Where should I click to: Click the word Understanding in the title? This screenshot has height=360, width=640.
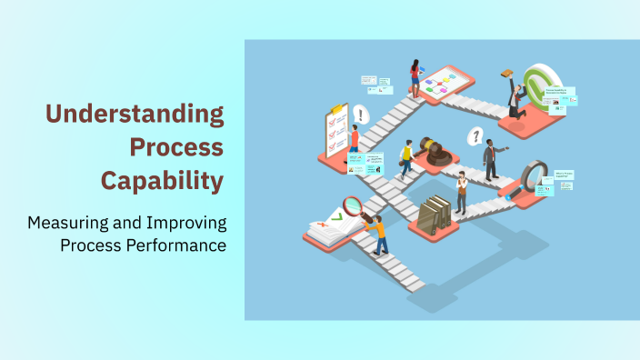coord(135,114)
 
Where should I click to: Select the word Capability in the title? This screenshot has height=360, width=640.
coord(162,180)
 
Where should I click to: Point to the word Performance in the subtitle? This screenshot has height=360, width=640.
coord(177,245)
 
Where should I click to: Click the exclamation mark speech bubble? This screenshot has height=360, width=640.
coord(363,115)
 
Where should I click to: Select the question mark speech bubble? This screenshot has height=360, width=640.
coord(474,136)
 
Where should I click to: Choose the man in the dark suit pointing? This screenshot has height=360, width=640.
coord(491,159)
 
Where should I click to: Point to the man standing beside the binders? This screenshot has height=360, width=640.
coord(462,192)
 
